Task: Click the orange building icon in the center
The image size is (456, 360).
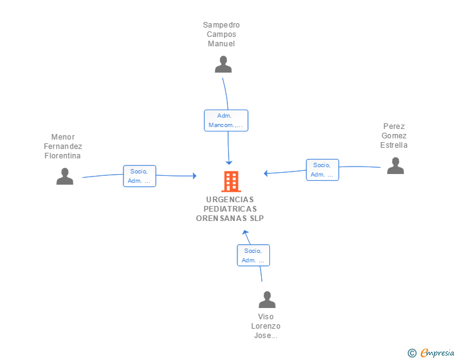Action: coord(231,182)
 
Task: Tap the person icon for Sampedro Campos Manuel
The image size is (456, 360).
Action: coord(223,64)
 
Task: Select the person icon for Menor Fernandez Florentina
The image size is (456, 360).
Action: coord(65,176)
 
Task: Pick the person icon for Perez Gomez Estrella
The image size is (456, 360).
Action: coord(395,165)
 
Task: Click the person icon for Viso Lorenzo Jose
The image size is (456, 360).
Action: coord(267,299)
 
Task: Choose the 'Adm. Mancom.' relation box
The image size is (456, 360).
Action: coord(226,120)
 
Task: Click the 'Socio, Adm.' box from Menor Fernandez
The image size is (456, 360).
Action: coord(140,176)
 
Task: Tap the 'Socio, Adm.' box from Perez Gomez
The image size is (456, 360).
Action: coord(323,170)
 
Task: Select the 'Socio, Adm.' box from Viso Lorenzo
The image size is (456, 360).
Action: coord(253,255)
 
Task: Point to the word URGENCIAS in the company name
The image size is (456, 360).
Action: coord(230,200)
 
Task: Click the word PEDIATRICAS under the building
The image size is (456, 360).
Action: coord(230,208)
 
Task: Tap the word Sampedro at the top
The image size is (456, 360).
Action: coord(221,25)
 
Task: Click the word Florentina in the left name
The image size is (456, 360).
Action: coord(63,156)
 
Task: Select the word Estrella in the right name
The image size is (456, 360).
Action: coord(394,145)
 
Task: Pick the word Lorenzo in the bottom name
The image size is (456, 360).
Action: coord(266,326)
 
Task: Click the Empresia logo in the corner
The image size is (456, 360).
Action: coord(437,353)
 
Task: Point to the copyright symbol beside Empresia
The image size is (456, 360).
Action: coord(412,353)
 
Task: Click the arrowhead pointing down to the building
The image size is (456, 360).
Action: coord(229,163)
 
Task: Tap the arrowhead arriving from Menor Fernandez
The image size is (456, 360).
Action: coord(195,176)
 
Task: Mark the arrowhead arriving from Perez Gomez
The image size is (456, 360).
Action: coord(266,173)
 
